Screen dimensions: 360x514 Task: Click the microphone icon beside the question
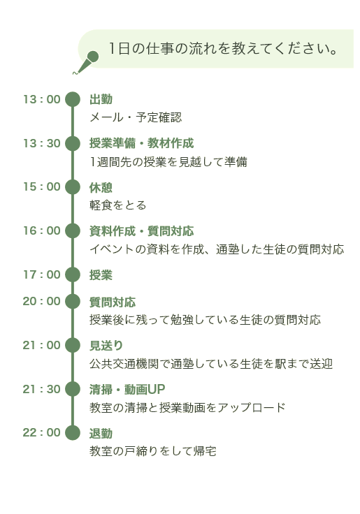coord(86,62)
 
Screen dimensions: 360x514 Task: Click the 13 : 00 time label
coord(42,99)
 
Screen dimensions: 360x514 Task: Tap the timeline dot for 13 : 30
coord(73,144)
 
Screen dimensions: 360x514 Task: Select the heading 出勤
coord(101,99)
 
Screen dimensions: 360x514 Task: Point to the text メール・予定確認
coord(136,117)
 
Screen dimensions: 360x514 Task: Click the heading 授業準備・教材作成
coord(141,143)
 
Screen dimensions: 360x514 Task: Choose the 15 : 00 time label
coord(42,187)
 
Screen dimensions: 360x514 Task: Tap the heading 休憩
coord(101,187)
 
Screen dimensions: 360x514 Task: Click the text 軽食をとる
coord(118,205)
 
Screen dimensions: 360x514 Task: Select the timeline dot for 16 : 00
coord(73,230)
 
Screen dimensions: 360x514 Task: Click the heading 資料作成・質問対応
coord(141,231)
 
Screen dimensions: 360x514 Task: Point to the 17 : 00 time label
coord(42,274)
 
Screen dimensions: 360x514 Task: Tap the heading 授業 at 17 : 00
coord(101,275)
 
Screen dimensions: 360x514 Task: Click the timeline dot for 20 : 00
coord(73,301)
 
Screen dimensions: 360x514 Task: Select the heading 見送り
coord(106,346)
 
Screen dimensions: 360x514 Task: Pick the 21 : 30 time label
coord(42,389)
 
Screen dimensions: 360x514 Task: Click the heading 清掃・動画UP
coord(127,390)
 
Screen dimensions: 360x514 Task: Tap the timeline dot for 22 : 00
coord(73,433)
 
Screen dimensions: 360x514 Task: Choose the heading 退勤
coord(101,434)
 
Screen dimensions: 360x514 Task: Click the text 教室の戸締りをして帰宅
coord(153,451)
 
